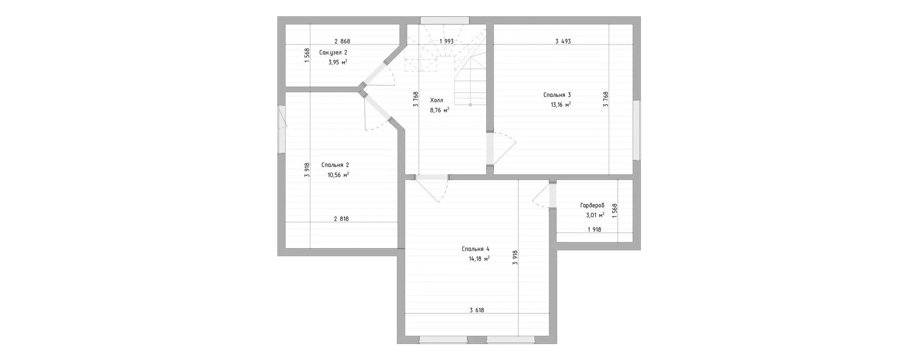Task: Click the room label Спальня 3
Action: pyautogui.click(x=557, y=95)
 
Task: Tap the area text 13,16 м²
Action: pyautogui.click(x=561, y=105)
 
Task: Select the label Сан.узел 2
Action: pyautogui.click(x=333, y=53)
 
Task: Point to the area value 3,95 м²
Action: pyautogui.click(x=338, y=62)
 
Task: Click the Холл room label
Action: pyautogui.click(x=437, y=100)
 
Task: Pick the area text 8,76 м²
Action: pyautogui.click(x=439, y=110)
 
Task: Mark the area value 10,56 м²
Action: pyautogui.click(x=338, y=175)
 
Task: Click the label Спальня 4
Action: pyautogui.click(x=476, y=249)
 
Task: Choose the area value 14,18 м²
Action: pyautogui.click(x=479, y=259)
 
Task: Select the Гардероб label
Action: pyautogui.click(x=592, y=205)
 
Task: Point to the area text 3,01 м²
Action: pyautogui.click(x=595, y=215)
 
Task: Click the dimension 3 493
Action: pyautogui.click(x=563, y=42)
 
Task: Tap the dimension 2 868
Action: pyautogui.click(x=342, y=42)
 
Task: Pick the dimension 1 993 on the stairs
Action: pyautogui.click(x=447, y=42)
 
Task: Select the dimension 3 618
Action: pyautogui.click(x=477, y=310)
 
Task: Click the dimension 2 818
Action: pyautogui.click(x=341, y=219)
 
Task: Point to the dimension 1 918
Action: pyautogui.click(x=594, y=229)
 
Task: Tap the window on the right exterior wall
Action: pyautogui.click(x=636, y=130)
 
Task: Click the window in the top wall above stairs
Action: pyautogui.click(x=445, y=20)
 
